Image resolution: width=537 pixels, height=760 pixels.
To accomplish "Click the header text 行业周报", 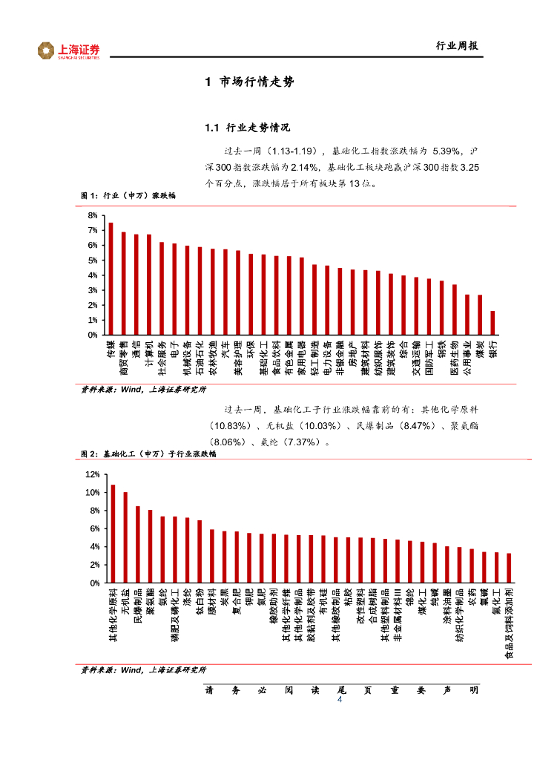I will (x=455, y=46).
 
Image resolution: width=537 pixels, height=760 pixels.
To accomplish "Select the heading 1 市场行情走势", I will (x=249, y=82).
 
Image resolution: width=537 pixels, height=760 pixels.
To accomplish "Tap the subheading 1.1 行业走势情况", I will (x=247, y=128).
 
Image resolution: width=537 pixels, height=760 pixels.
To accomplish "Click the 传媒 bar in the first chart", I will (x=111, y=278).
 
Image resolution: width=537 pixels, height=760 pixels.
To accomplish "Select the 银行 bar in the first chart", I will (x=492, y=323).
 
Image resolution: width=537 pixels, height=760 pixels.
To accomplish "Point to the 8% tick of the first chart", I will (x=93, y=215).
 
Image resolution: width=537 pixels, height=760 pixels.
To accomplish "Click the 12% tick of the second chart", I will (x=92, y=474).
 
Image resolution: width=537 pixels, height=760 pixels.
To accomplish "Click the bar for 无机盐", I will (x=125, y=537).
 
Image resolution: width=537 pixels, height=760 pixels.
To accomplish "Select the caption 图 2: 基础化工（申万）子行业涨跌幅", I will (x=148, y=453).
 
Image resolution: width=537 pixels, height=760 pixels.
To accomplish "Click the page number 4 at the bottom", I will (x=340, y=701).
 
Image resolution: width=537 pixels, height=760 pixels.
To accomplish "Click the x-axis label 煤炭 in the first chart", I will (x=480, y=349).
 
